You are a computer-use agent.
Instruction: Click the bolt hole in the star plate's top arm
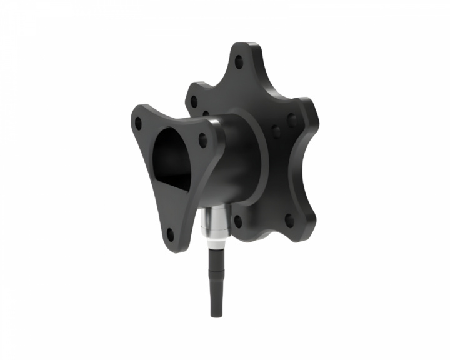click(238, 62)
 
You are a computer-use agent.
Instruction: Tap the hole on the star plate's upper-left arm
click(193, 101)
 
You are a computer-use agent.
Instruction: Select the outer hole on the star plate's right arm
click(292, 121)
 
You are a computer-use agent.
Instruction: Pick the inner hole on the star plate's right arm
click(276, 131)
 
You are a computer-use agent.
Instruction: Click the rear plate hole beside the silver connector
click(237, 221)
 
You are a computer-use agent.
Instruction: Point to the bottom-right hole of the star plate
click(289, 220)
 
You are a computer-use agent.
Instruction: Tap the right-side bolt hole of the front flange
click(202, 139)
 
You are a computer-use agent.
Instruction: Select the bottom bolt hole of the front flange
click(170, 234)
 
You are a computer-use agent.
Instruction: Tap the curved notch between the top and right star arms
click(281, 94)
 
